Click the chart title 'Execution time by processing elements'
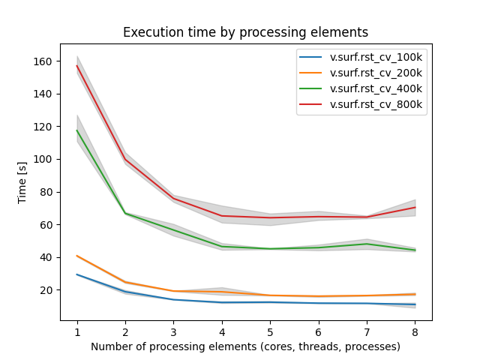(246, 32)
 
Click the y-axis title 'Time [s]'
(22, 182)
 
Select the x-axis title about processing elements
(246, 346)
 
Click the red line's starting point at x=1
(77, 65)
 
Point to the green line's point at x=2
(125, 213)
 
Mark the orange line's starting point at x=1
(77, 256)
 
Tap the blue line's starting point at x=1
(77, 274)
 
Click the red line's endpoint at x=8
(415, 207)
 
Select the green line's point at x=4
(222, 247)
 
